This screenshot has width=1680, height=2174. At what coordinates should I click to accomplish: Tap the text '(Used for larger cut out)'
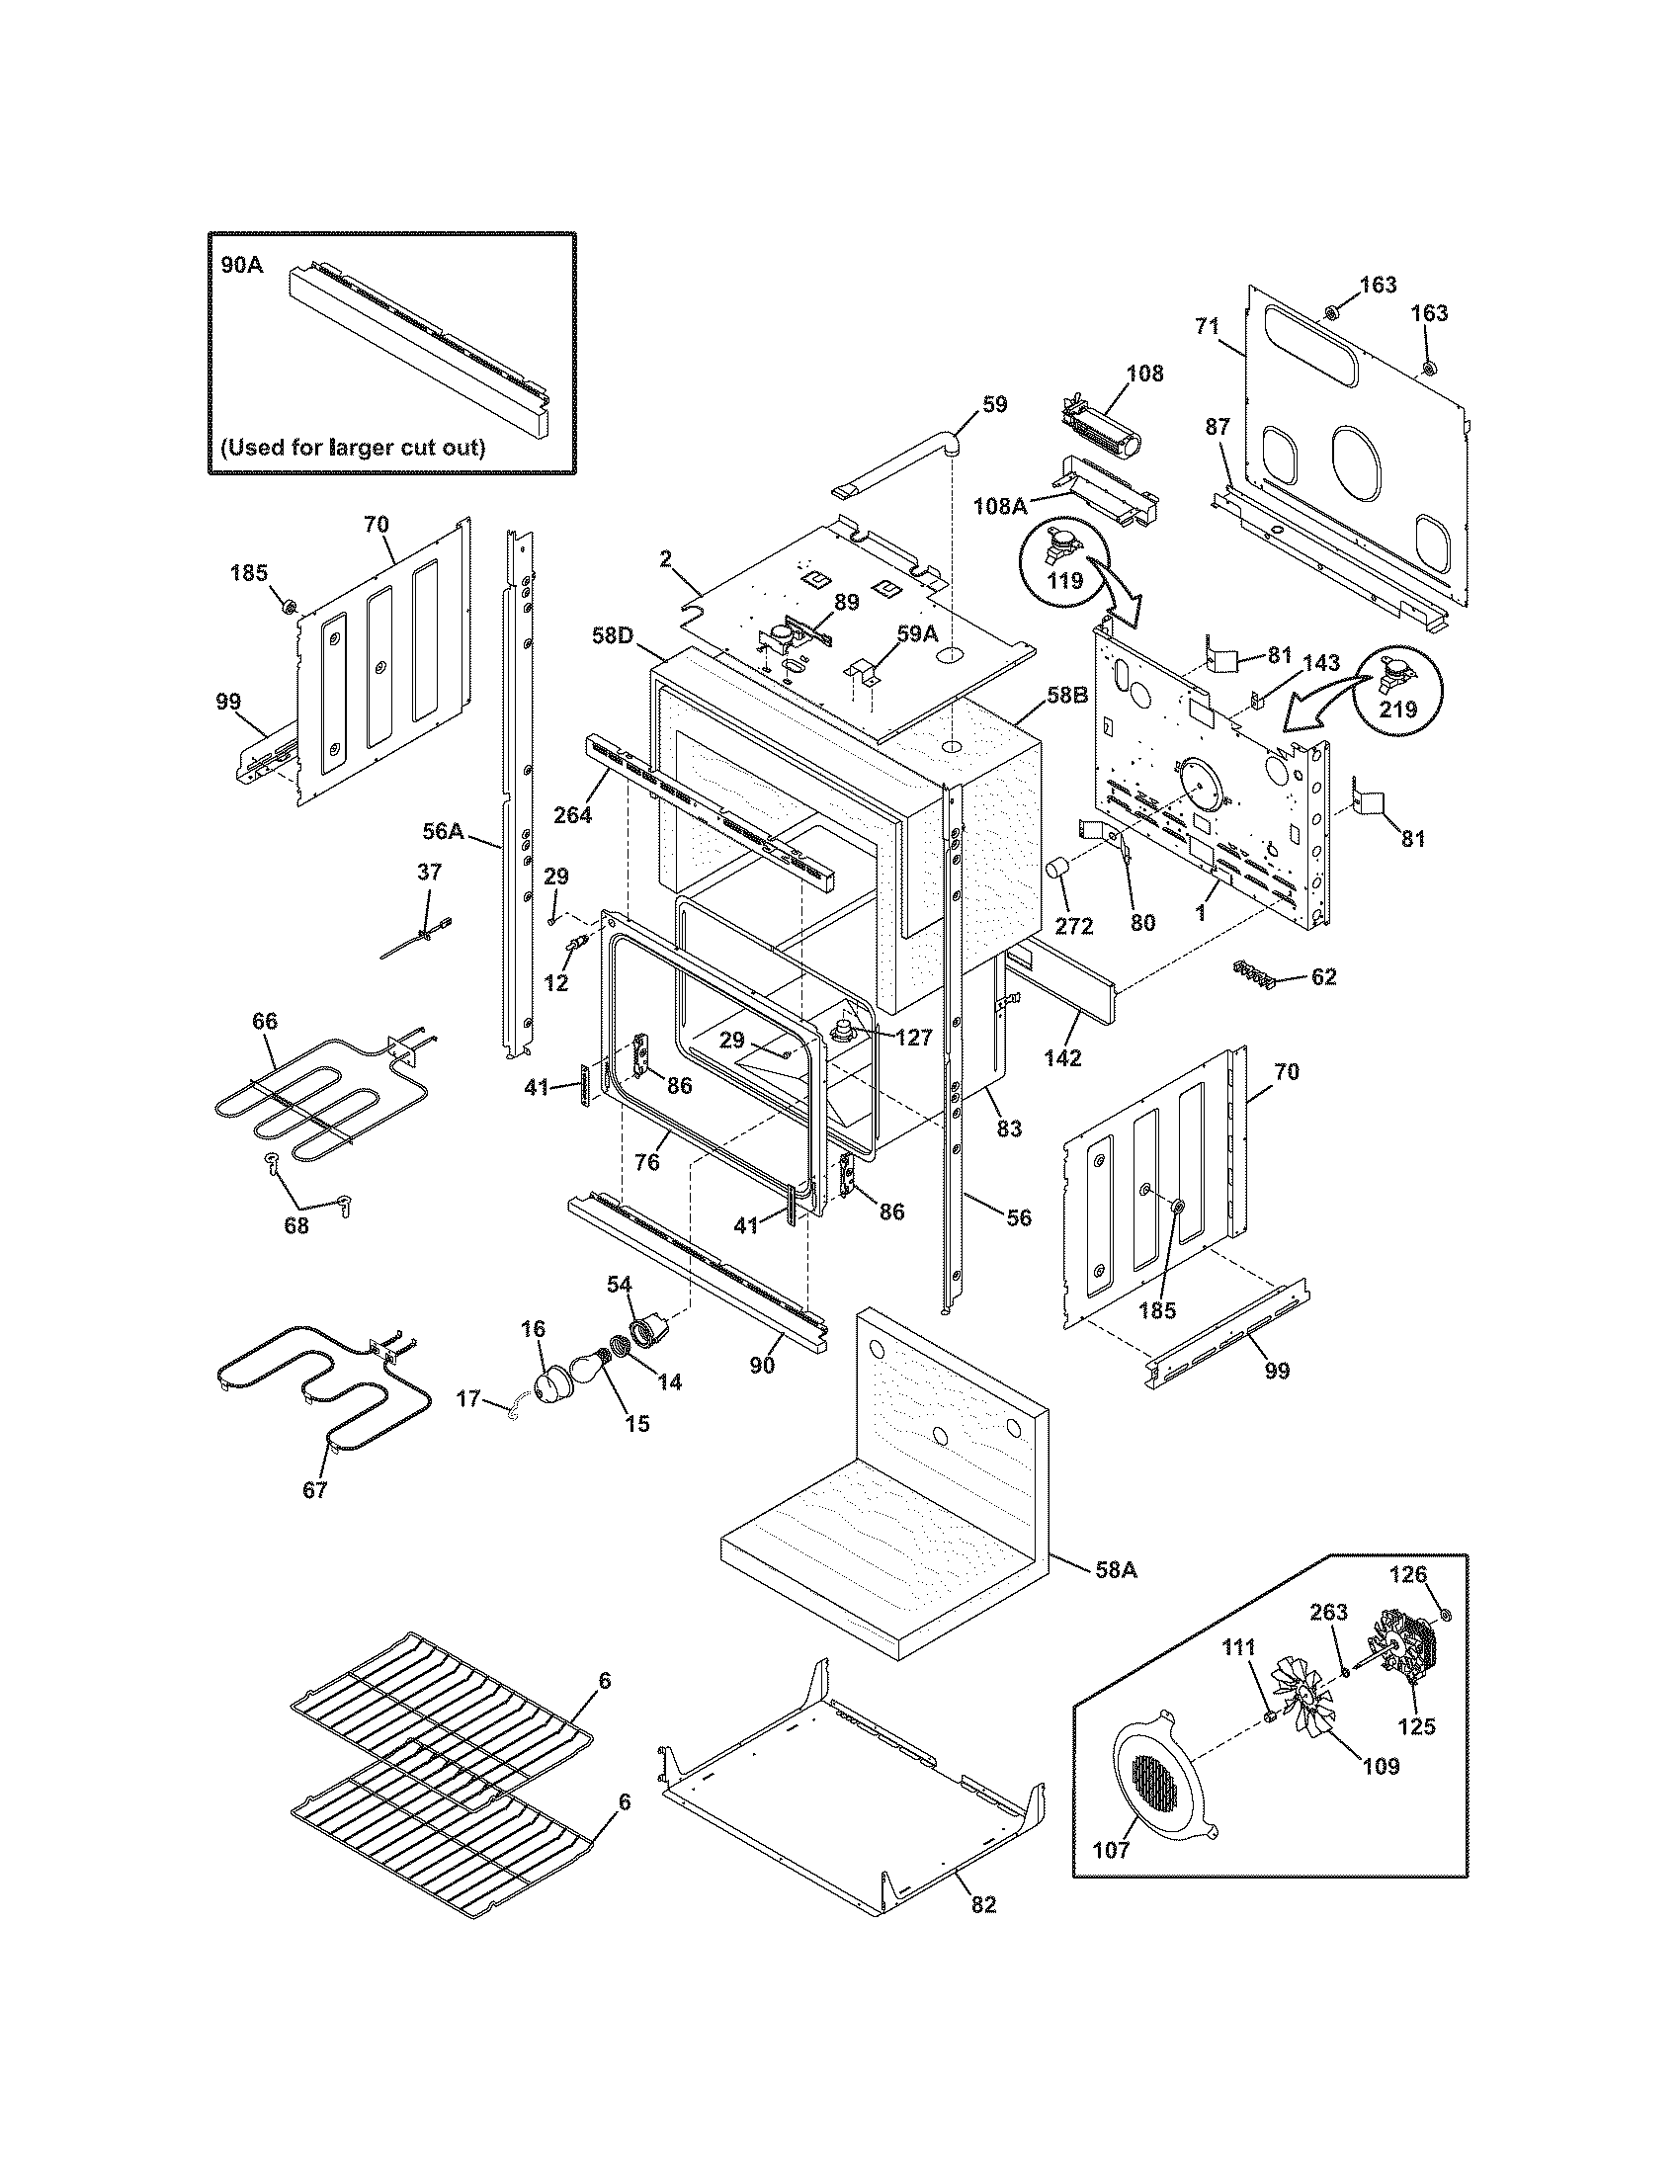point(353,447)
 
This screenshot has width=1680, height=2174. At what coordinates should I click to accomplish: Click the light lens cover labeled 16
point(549,1385)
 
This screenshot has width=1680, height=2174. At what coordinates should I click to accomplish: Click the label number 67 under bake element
point(314,1518)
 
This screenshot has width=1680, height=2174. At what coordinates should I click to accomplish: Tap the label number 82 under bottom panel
point(981,1931)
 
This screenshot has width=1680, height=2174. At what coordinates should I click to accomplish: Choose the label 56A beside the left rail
point(444,829)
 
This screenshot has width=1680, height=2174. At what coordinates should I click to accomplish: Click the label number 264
point(573,814)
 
